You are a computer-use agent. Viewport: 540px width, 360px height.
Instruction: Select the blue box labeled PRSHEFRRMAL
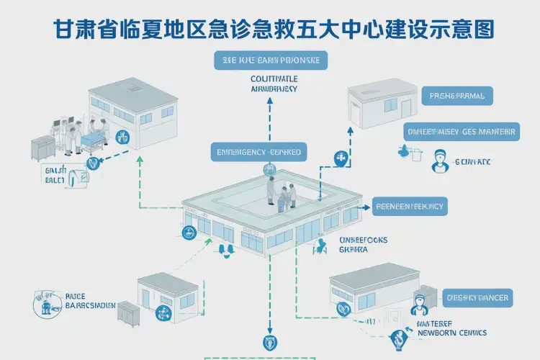[x=456, y=95]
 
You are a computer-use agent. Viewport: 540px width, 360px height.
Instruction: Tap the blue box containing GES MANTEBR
[x=461, y=132]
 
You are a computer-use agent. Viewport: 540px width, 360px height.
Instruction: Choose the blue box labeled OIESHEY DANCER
[x=477, y=297]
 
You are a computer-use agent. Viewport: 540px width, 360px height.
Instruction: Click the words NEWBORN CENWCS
[x=452, y=333]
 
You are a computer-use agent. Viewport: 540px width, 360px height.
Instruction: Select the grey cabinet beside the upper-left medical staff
[x=33, y=148]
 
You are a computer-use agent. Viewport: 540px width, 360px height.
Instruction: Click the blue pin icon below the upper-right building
[x=340, y=159]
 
